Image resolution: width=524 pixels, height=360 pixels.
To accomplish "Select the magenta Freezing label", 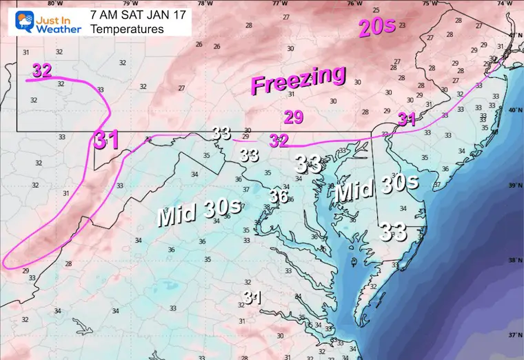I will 298,80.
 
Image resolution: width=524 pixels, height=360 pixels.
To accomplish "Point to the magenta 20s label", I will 376,28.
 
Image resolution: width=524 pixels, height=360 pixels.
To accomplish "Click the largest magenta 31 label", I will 107,139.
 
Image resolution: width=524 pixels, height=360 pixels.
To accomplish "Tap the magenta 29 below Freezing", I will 294,117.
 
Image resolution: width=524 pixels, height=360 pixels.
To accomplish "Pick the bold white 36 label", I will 278,197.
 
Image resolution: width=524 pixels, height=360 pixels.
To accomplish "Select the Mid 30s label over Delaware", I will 376,188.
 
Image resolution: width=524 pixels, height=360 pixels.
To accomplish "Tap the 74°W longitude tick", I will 509,3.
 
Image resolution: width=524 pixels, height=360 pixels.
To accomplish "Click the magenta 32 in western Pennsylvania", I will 41,70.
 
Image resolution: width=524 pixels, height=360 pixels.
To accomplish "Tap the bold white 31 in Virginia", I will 252,298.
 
